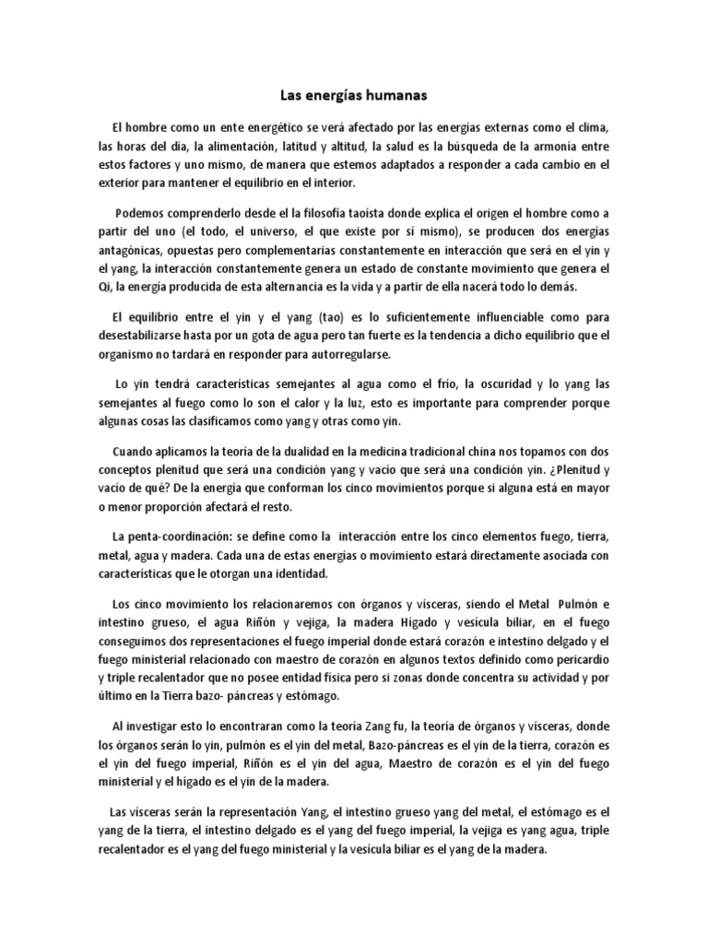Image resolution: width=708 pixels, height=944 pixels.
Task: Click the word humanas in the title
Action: [x=393, y=94]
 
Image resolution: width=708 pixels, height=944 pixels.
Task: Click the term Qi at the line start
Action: [x=105, y=287]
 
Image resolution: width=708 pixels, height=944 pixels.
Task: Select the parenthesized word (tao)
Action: [x=343, y=315]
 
